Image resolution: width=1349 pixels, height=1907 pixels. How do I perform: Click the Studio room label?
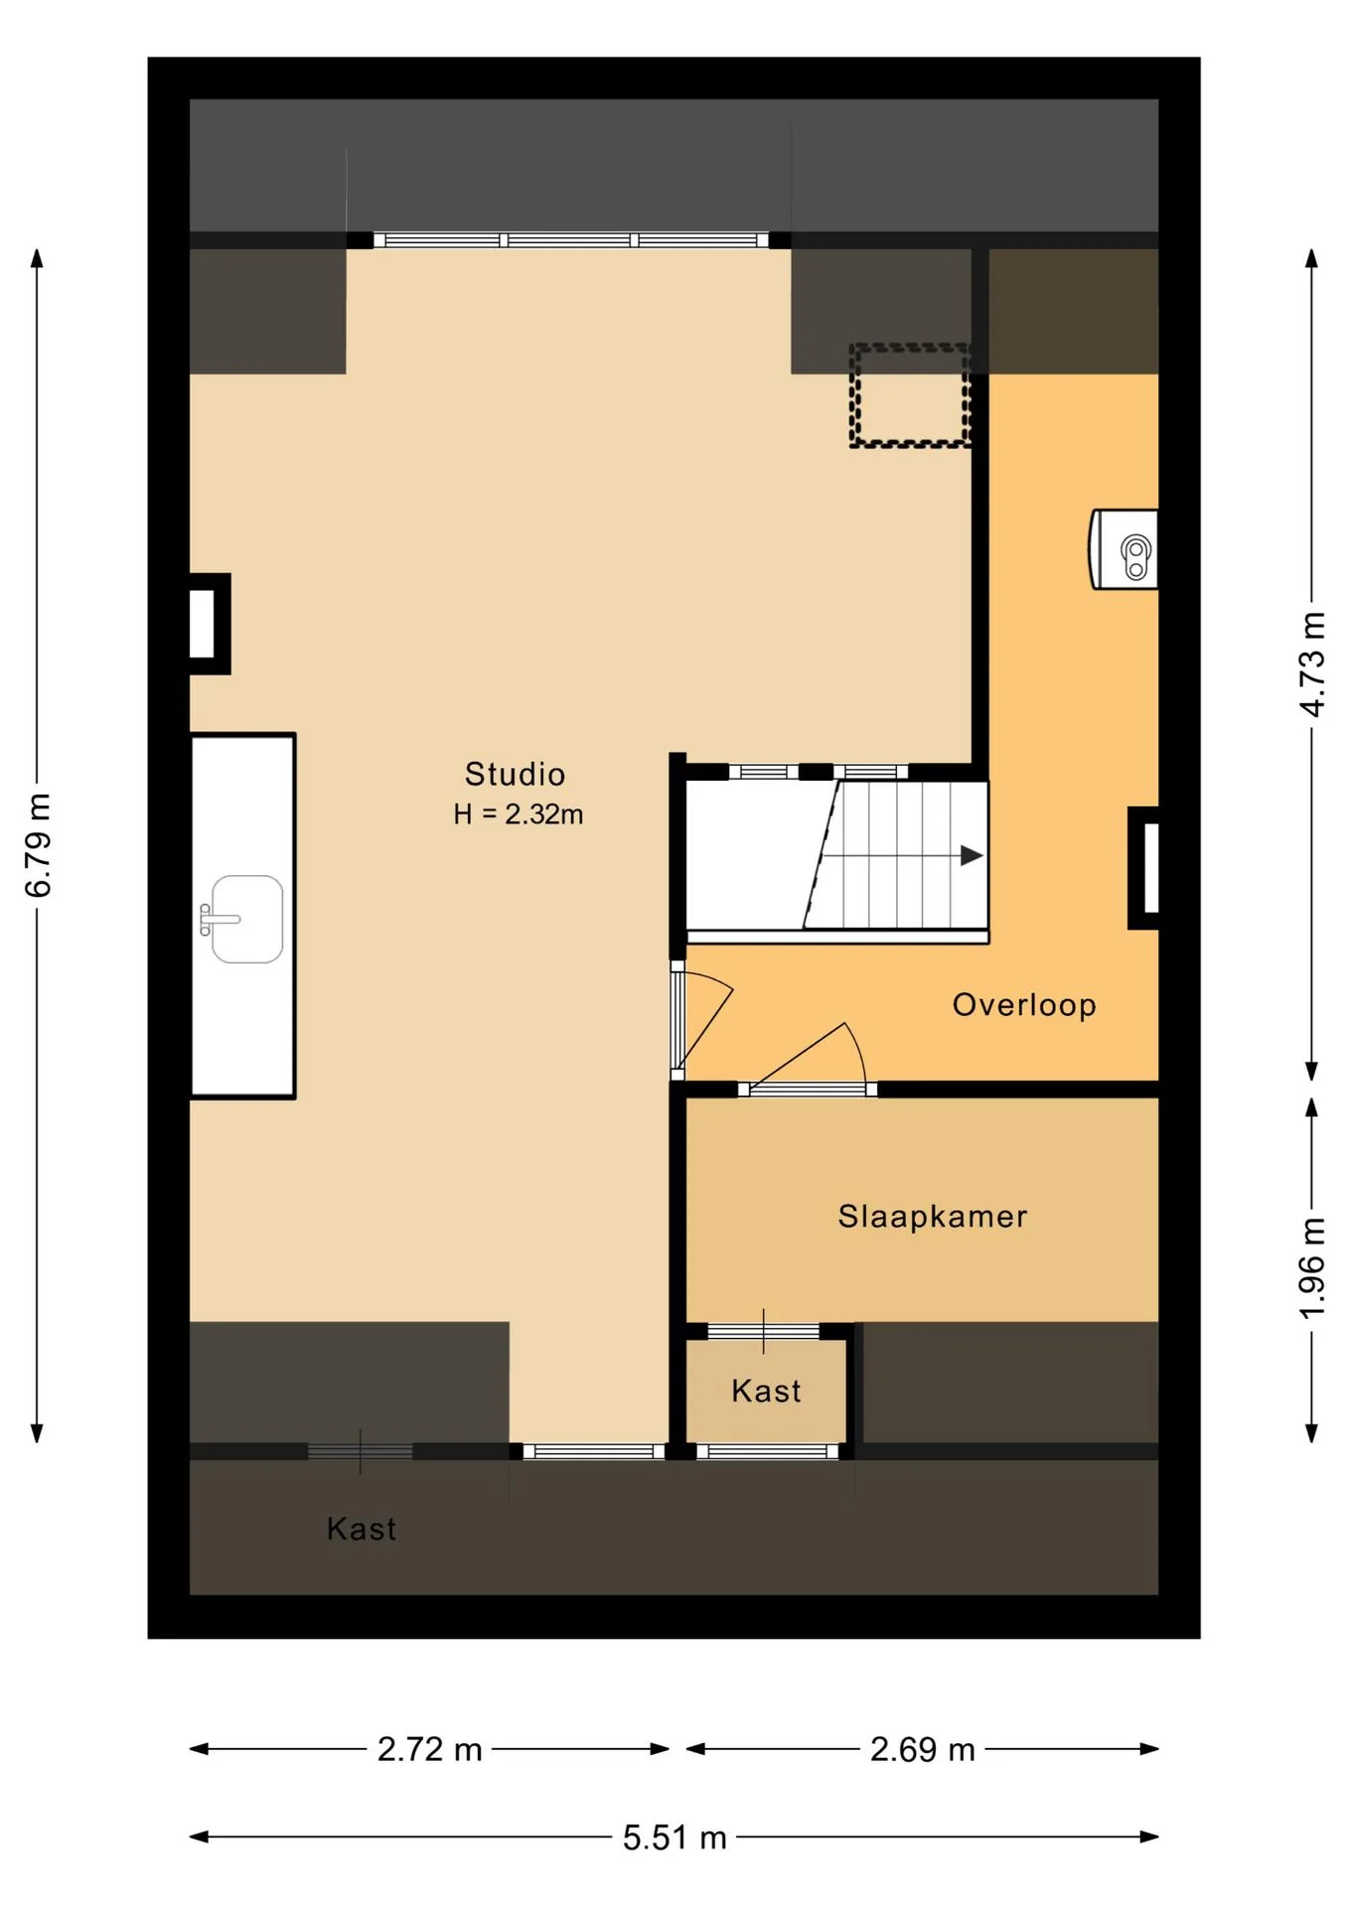[515, 774]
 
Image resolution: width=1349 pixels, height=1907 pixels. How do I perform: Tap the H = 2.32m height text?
[518, 814]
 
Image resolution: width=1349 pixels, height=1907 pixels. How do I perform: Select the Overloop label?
[1024, 1005]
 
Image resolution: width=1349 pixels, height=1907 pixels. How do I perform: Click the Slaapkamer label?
[933, 1217]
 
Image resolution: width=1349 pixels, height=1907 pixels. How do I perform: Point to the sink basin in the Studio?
[247, 919]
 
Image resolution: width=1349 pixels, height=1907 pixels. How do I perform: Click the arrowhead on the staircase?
[972, 855]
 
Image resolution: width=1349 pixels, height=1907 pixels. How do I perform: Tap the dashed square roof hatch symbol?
[909, 395]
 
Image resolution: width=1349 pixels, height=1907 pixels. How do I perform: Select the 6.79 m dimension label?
[38, 845]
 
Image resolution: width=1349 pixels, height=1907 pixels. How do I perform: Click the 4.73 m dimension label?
[1312, 664]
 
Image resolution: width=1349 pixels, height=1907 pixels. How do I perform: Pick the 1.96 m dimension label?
[1312, 1268]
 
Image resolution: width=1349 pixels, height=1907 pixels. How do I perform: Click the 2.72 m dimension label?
[429, 1749]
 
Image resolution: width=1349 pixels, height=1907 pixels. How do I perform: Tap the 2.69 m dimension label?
[923, 1749]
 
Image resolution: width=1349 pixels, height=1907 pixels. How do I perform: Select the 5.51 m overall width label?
[674, 1837]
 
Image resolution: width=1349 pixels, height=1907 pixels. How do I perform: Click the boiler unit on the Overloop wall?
[1125, 549]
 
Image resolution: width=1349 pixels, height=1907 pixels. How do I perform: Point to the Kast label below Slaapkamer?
[766, 1391]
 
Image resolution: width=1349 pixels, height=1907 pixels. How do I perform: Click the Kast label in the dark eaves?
[362, 1529]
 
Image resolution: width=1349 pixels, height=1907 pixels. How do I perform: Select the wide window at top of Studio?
[570, 239]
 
